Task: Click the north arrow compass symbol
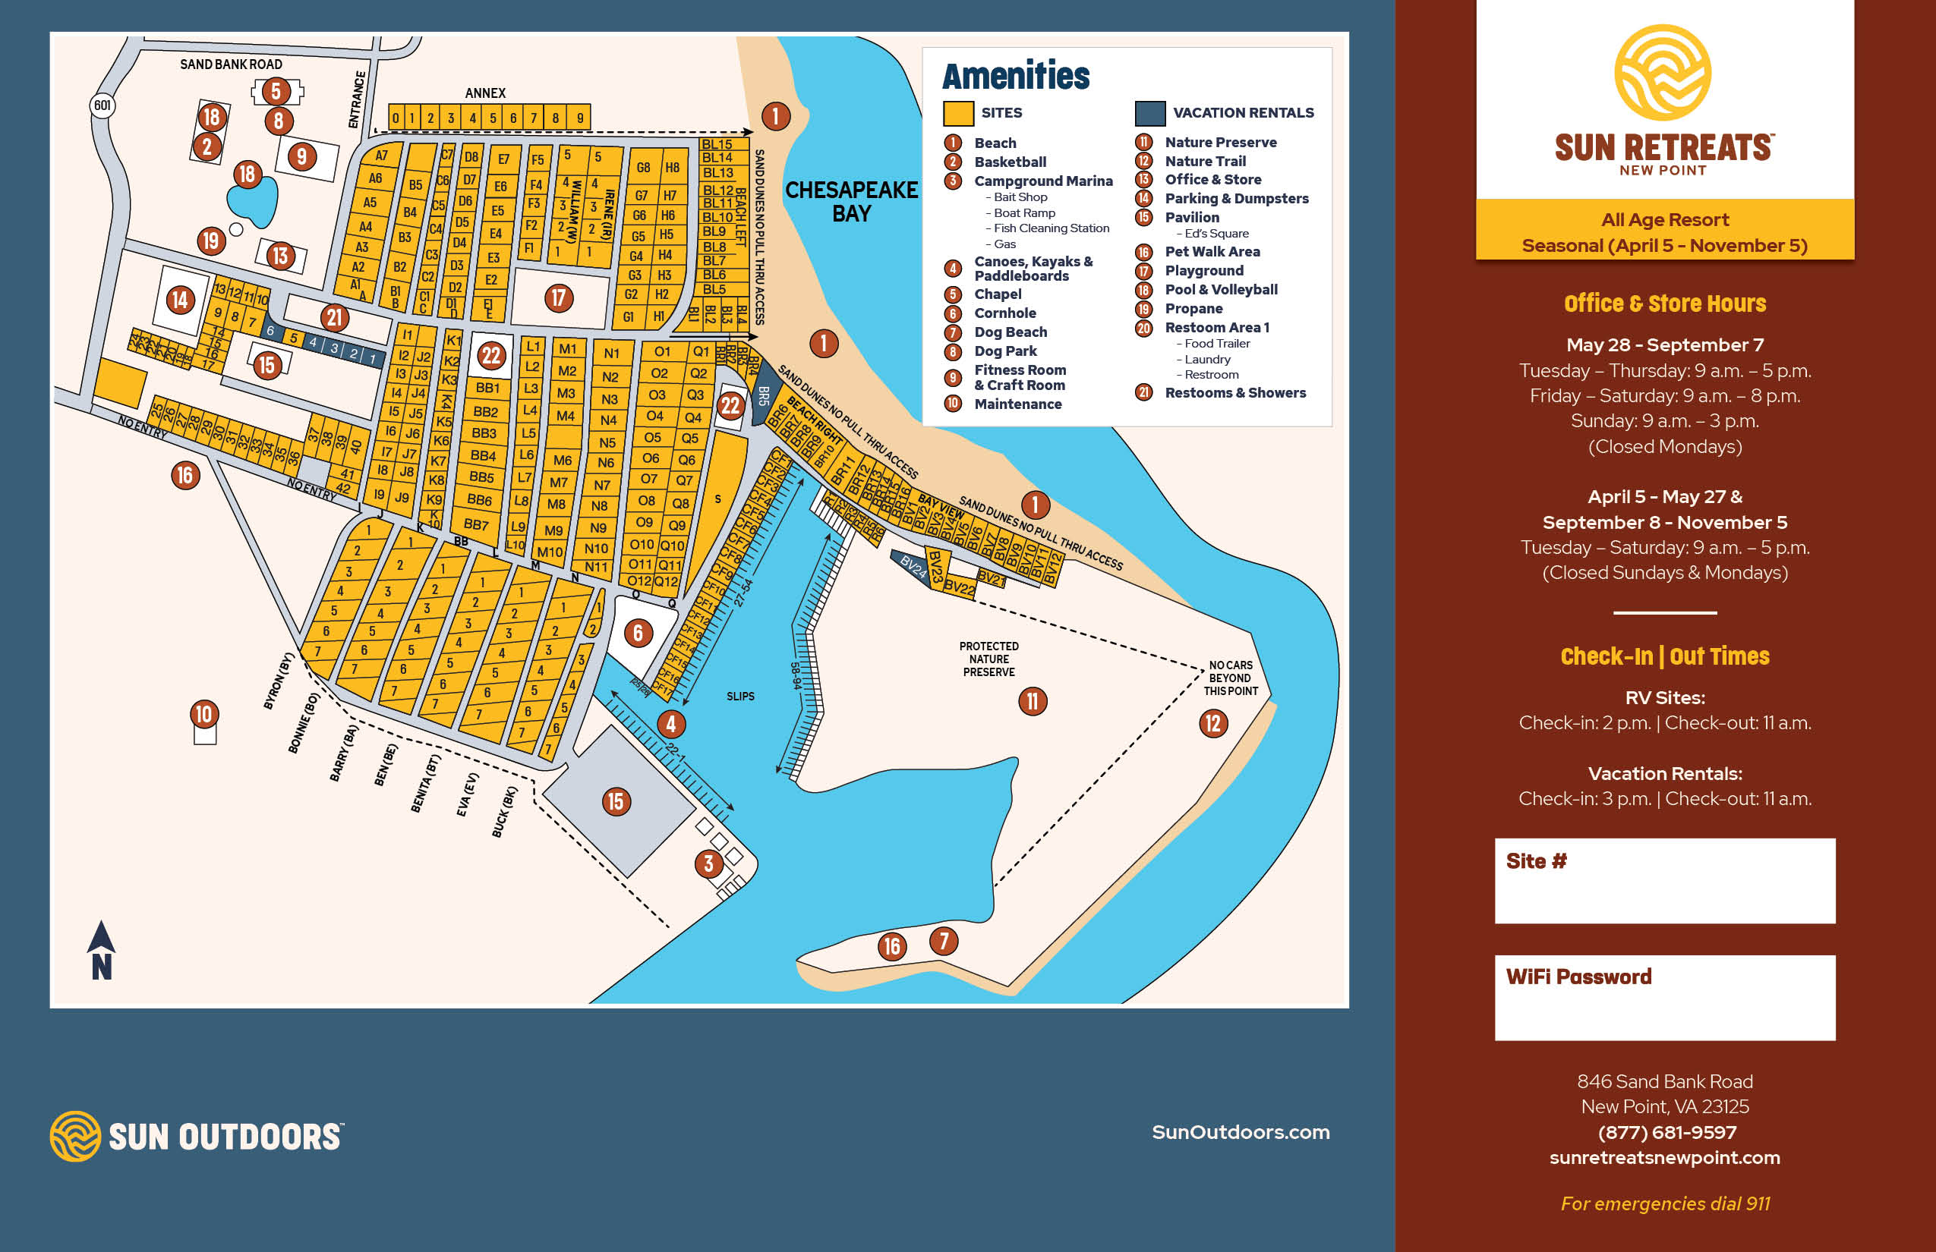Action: tap(101, 950)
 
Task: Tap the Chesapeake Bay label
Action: tap(851, 202)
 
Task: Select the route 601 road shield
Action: tap(102, 105)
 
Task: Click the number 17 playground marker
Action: tap(558, 297)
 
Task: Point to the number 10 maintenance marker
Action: tap(203, 714)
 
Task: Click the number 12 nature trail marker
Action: tap(1213, 722)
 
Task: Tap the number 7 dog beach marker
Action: tap(944, 942)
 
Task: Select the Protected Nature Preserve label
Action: tap(988, 659)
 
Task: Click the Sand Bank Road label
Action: tap(231, 64)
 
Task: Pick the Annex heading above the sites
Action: tap(485, 93)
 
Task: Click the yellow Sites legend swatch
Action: tap(958, 113)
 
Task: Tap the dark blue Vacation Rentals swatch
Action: tap(1149, 113)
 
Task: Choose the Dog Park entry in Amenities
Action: tap(1005, 351)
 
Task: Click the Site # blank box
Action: tap(1664, 881)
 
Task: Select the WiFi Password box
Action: tap(1664, 999)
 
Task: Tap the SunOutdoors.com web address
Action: tap(1241, 1131)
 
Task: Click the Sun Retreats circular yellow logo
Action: tap(1662, 72)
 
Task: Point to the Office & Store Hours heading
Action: tap(1664, 304)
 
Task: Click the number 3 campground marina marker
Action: tap(708, 864)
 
